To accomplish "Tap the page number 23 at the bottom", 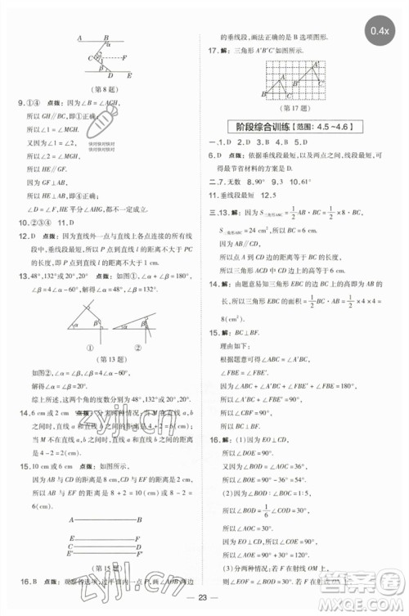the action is tap(205, 604).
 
